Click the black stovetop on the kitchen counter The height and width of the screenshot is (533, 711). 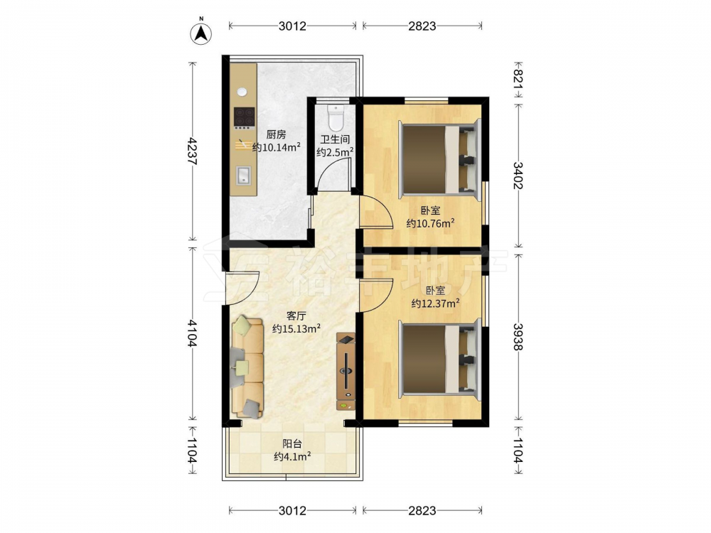244,117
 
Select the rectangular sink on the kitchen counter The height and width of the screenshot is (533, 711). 243,176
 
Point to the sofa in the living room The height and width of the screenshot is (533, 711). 247,367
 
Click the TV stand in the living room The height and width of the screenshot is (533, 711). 346,372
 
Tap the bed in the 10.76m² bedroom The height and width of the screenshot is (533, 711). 439,159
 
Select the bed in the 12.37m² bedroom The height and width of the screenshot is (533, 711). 439,359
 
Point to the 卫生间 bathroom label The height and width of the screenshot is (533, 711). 335,139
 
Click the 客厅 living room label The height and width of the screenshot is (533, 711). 296,316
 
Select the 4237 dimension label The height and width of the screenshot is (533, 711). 193,151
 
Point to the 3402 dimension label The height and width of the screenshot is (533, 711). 518,176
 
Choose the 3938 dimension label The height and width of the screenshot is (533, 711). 518,336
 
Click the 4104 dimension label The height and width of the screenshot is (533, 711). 193,333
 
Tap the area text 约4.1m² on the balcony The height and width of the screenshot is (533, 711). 292,456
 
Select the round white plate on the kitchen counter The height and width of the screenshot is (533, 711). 242,92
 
